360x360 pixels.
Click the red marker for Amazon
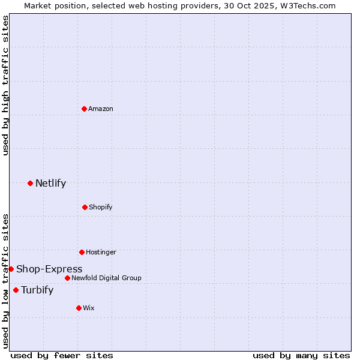pyautogui.click(x=85, y=109)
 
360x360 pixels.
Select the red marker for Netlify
pyautogui.click(x=30, y=183)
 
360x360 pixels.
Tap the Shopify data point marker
pyautogui.click(x=85, y=207)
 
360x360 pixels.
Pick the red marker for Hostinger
pyautogui.click(x=82, y=252)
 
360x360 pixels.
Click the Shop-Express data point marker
pyautogui.click(x=11, y=269)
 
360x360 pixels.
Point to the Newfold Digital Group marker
pyautogui.click(x=67, y=278)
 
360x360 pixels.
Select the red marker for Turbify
pyautogui.click(x=16, y=290)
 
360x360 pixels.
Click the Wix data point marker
pyautogui.click(x=79, y=308)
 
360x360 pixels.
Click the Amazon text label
pyautogui.click(x=101, y=109)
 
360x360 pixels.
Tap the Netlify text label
pyautogui.click(x=50, y=183)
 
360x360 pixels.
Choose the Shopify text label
pyautogui.click(x=101, y=207)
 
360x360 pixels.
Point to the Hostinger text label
pyautogui.click(x=101, y=252)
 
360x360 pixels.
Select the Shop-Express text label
pyautogui.click(x=49, y=269)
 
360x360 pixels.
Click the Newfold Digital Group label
pyautogui.click(x=106, y=278)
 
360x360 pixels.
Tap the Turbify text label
pyautogui.click(x=37, y=290)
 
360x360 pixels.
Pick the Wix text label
pyautogui.click(x=89, y=308)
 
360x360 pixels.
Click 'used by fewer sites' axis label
pyautogui.click(x=62, y=355)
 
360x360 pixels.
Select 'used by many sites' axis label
pyautogui.click(x=301, y=355)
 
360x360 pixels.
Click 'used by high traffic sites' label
pyautogui.click(x=5, y=85)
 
